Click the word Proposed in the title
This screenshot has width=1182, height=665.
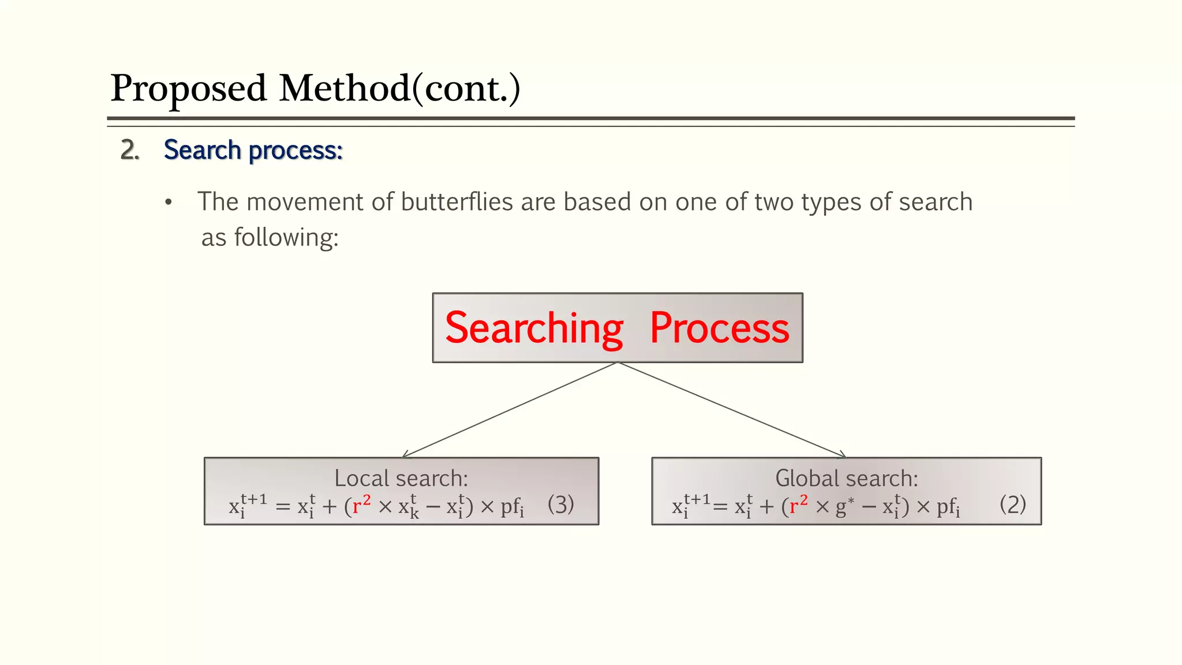pyautogui.click(x=188, y=89)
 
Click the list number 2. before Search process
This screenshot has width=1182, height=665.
pyautogui.click(x=130, y=150)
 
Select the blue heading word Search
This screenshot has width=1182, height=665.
pyautogui.click(x=202, y=150)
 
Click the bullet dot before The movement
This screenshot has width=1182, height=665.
pyautogui.click(x=168, y=203)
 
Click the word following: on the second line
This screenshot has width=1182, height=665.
pyautogui.click(x=286, y=237)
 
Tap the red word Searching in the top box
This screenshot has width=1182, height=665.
pyautogui.click(x=534, y=328)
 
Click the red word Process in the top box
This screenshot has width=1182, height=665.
pyautogui.click(x=719, y=328)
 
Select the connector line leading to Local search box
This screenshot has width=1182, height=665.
pyautogui.click(x=511, y=410)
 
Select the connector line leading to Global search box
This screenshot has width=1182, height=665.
pyautogui.click(x=731, y=410)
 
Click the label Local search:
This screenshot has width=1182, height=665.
pyautogui.click(x=401, y=479)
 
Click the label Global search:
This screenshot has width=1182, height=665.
pyautogui.click(x=846, y=479)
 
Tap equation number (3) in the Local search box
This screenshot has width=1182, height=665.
pyautogui.click(x=560, y=505)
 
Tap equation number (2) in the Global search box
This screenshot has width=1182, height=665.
pyautogui.click(x=1012, y=505)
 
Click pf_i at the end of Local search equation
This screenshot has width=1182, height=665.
pyautogui.click(x=512, y=507)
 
